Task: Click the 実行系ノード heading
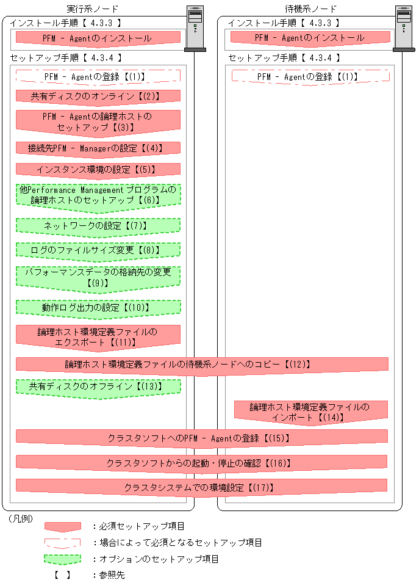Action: [92, 9]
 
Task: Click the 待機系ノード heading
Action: [310, 9]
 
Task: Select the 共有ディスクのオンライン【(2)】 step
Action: [98, 96]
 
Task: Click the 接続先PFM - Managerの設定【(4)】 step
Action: [98, 148]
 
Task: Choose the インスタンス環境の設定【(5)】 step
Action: [98, 169]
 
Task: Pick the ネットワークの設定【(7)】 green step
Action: [98, 226]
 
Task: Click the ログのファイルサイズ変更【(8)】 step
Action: [98, 250]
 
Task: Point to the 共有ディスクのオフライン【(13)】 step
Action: [98, 387]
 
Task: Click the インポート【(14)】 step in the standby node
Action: [311, 412]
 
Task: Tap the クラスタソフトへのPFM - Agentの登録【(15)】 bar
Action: [201, 438]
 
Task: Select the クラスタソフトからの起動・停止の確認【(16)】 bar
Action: [201, 463]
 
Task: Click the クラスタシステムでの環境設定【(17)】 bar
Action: [201, 488]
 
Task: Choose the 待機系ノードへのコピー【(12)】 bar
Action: [201, 364]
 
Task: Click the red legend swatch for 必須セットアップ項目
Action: [62, 526]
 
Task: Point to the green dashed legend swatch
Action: [62, 559]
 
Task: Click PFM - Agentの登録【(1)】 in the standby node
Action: [310, 76]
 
